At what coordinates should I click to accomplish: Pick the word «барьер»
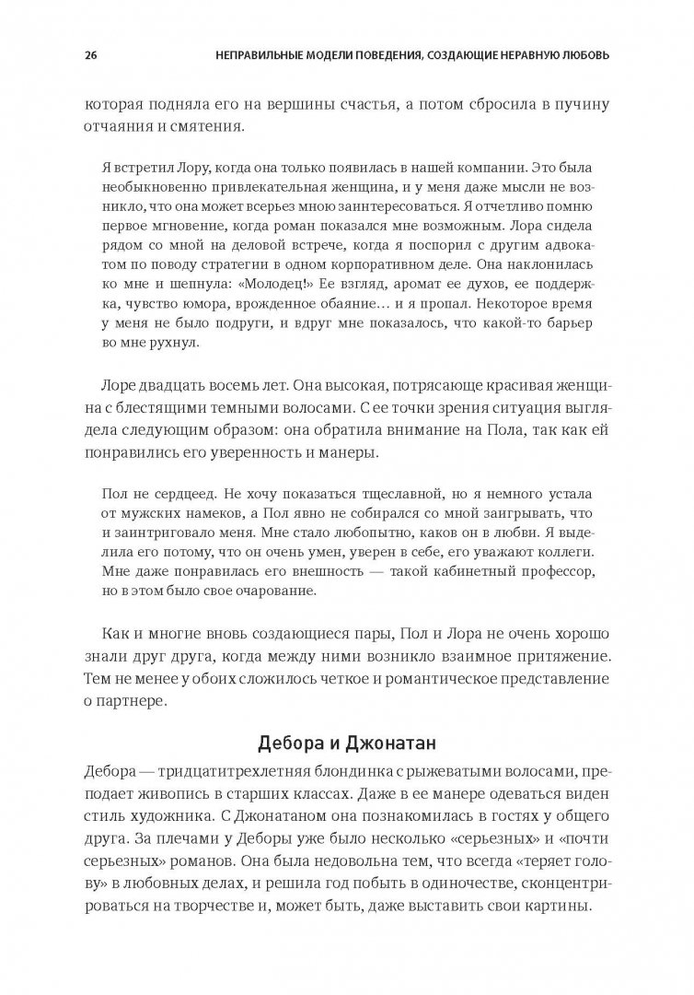[576, 321]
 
